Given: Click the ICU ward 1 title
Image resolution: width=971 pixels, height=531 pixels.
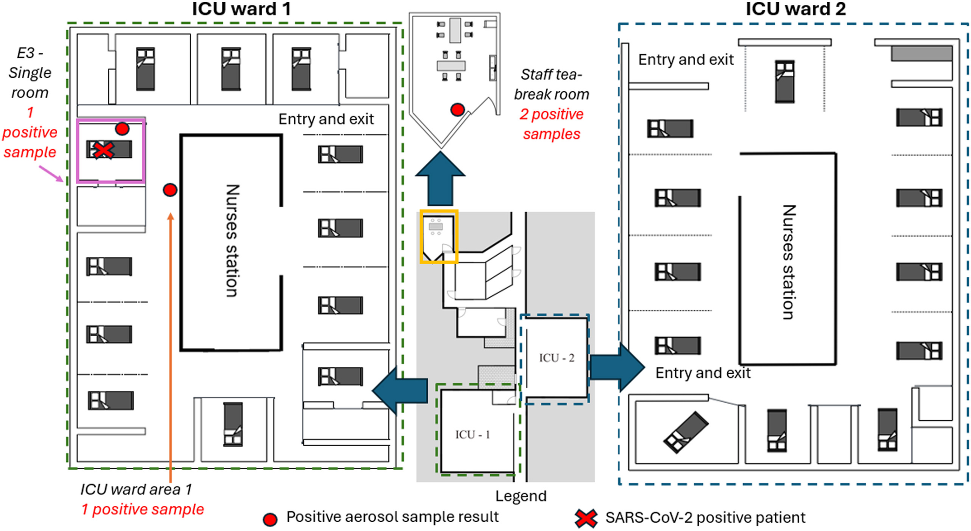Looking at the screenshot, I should point(241,9).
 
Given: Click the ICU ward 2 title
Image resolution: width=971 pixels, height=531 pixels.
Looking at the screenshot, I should point(795,9).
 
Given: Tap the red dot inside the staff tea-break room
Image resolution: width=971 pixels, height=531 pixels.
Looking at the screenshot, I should point(457,110).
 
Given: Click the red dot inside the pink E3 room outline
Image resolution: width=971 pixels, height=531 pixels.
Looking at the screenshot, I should point(122,129).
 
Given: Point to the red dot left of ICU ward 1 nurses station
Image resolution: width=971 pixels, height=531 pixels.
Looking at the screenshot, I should point(170,190).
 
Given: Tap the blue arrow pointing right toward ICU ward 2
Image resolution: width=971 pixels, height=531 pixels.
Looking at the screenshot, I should point(617,367).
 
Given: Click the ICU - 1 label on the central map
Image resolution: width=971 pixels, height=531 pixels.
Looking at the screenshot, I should point(472,435).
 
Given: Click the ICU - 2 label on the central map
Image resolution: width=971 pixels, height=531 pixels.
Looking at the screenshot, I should point(556,358).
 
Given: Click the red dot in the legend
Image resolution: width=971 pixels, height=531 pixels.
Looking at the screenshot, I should point(270,519).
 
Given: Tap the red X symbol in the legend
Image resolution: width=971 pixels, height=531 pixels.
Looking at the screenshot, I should point(586,518).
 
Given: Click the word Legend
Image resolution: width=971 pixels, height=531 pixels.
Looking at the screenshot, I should point(520,496).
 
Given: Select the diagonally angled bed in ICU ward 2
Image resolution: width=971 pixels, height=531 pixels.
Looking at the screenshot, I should point(686,432).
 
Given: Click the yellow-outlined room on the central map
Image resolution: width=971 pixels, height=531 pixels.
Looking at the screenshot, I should point(439,237).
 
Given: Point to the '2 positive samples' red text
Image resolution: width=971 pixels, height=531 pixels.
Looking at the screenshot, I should point(552,124).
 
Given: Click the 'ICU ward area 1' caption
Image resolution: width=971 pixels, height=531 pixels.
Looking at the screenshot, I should point(136,489).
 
